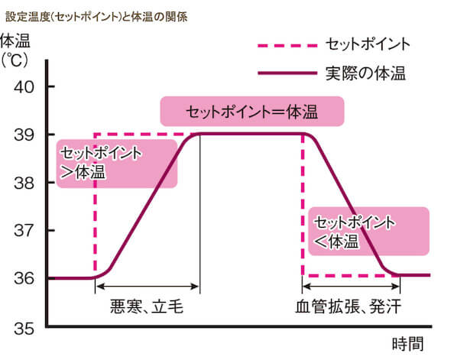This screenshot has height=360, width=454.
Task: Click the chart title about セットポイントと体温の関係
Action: [x=96, y=17]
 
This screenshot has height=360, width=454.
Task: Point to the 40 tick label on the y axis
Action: [x=24, y=86]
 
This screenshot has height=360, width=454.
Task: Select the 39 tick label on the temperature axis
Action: [x=24, y=135]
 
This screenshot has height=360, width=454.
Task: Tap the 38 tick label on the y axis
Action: [x=24, y=183]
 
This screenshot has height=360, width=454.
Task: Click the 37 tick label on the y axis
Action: [x=24, y=231]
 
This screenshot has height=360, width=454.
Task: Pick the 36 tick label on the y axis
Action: [x=24, y=278]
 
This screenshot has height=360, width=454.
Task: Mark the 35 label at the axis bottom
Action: [x=24, y=329]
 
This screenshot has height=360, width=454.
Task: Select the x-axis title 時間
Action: [x=407, y=344]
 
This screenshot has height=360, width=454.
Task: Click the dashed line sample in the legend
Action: [x=287, y=45]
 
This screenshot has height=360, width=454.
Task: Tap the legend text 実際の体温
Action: [x=365, y=73]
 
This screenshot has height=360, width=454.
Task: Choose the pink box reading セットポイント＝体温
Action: [x=252, y=112]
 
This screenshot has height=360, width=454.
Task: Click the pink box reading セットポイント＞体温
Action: [x=117, y=164]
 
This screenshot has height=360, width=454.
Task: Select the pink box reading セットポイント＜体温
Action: [x=368, y=231]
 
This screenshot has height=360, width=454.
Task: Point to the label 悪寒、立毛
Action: [x=147, y=306]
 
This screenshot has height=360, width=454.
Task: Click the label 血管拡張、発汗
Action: [x=349, y=306]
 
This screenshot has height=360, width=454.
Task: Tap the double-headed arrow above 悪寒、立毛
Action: [x=148, y=287]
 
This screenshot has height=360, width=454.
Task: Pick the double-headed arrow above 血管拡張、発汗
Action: [x=352, y=287]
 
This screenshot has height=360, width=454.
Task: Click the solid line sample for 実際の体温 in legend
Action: [x=287, y=73]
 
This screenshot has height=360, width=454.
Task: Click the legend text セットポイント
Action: [x=368, y=44]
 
